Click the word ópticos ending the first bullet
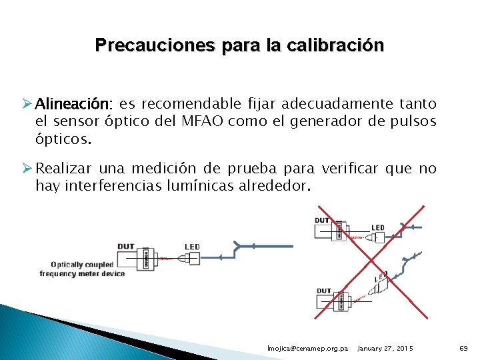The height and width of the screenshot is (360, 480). pos(61,140)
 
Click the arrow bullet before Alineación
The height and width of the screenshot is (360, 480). pos(27,104)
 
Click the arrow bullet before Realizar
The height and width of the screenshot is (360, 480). pos(27,169)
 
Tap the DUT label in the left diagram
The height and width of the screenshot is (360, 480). pos(126,247)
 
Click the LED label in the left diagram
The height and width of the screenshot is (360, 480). pos(193,247)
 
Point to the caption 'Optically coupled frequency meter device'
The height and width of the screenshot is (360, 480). pos(82,269)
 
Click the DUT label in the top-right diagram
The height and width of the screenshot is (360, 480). pos(322,221)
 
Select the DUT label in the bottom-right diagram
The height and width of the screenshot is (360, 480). pos(323,291)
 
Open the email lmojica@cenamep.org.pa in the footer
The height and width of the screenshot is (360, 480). pos(307,349)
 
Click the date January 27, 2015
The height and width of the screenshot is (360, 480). pos(385,349)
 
